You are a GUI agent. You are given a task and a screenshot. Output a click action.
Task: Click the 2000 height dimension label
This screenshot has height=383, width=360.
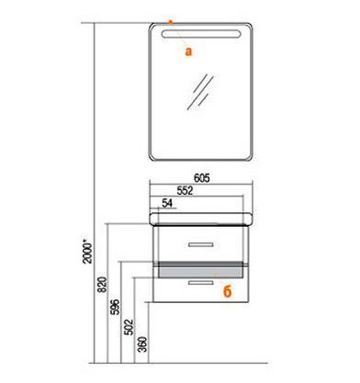[88, 253]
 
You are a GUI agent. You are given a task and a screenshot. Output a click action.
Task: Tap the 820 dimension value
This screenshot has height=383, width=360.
[103, 285]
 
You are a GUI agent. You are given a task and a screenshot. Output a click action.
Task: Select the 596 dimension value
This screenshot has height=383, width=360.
[116, 307]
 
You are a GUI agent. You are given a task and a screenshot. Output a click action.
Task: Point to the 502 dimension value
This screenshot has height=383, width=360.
[129, 327]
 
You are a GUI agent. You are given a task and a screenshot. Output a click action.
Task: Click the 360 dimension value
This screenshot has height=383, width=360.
[143, 344]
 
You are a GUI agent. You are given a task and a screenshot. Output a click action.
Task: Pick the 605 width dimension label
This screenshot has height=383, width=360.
[202, 178]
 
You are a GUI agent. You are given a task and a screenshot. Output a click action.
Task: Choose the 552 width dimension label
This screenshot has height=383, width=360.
[186, 190]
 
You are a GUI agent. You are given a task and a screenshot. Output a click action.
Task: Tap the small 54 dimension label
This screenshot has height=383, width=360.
[167, 203]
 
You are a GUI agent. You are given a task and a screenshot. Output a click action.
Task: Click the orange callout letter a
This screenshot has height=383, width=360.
[188, 51]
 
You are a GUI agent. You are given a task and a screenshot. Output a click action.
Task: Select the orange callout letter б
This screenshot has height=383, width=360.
[228, 291]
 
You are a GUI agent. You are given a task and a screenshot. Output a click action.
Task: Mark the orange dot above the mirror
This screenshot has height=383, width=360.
[171, 22]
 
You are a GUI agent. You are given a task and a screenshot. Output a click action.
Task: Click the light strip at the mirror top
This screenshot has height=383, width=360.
[201, 34]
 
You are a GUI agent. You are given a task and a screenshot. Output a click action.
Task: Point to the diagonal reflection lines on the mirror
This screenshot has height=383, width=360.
[200, 92]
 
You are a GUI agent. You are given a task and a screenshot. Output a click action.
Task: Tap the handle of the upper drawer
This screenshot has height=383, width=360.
[201, 244]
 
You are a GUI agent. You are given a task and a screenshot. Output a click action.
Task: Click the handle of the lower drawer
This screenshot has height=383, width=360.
[201, 283]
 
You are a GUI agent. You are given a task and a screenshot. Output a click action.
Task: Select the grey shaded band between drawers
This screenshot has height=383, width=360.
[201, 270]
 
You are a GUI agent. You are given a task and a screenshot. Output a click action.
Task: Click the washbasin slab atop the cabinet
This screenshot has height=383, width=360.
[201, 219]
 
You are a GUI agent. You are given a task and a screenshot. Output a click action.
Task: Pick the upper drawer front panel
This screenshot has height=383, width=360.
[201, 243]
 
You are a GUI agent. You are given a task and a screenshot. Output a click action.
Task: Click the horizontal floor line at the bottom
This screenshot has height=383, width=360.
[178, 364]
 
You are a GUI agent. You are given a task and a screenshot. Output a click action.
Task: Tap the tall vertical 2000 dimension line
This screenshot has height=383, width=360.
[95, 193]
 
